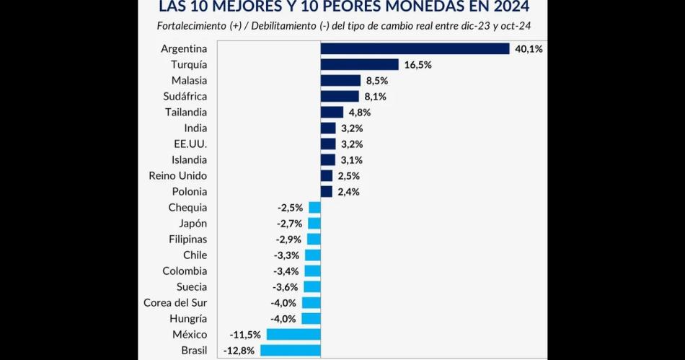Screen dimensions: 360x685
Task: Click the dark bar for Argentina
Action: click(415, 48)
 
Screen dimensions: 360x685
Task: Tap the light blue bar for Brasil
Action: click(290, 351)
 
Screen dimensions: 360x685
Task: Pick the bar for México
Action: click(293, 335)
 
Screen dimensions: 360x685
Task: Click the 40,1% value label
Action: click(529, 48)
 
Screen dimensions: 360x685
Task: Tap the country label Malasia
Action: click(189, 80)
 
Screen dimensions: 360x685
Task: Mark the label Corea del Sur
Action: click(175, 303)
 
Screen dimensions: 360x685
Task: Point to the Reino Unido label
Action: click(177, 175)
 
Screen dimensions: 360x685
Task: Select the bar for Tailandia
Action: click(332, 112)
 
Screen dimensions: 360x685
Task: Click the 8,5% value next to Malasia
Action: click(377, 80)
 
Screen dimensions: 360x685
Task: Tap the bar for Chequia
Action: click(314, 207)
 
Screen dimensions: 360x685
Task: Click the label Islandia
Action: click(189, 159)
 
